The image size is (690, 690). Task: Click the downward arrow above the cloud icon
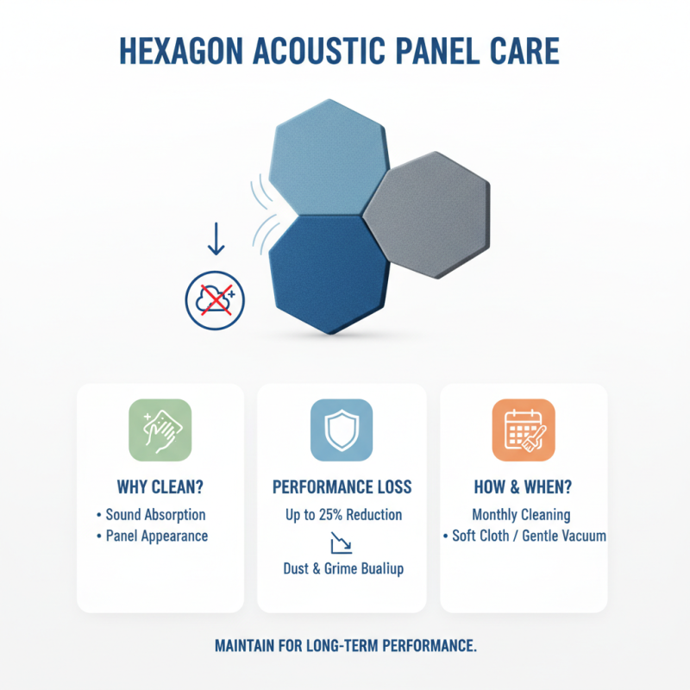216,239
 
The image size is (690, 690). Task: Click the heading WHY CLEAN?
160,486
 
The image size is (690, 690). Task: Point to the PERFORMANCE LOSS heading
342,486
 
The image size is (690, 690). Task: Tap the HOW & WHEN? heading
524,486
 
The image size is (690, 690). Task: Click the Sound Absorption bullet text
155,515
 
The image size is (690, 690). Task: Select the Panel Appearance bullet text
156,536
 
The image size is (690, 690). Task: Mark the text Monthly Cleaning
521,515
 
